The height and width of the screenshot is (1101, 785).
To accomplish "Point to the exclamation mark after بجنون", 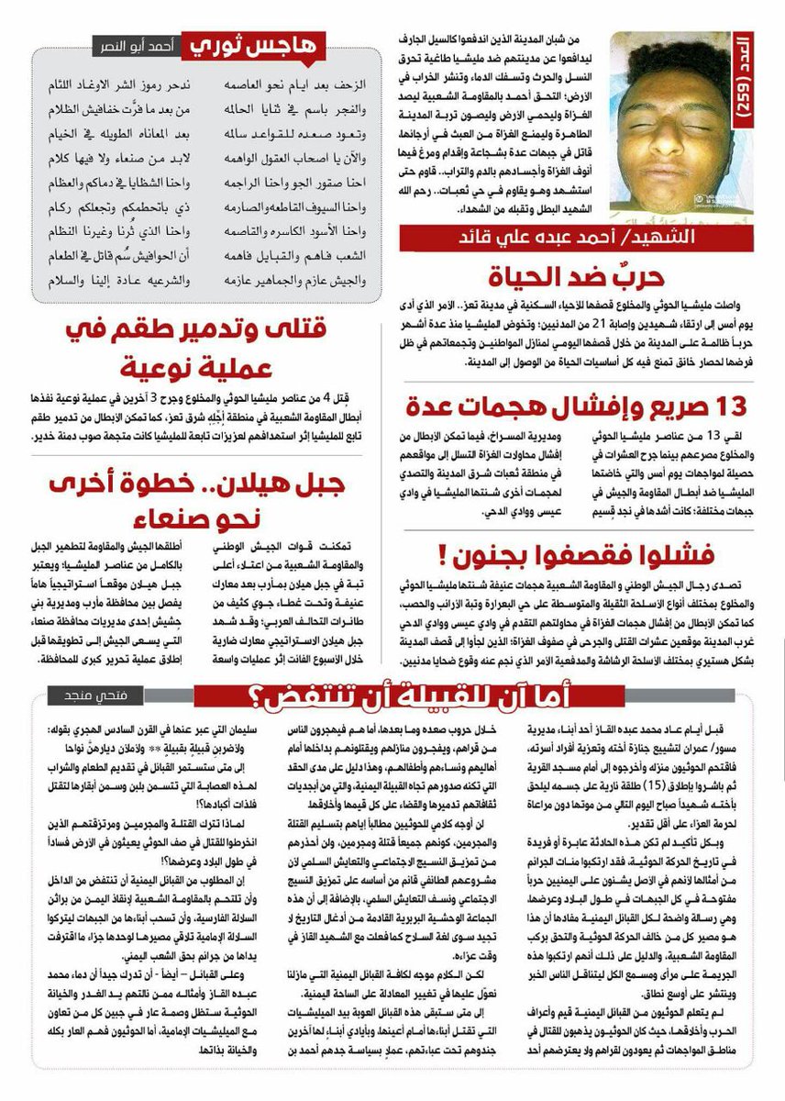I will pos(444,554).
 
